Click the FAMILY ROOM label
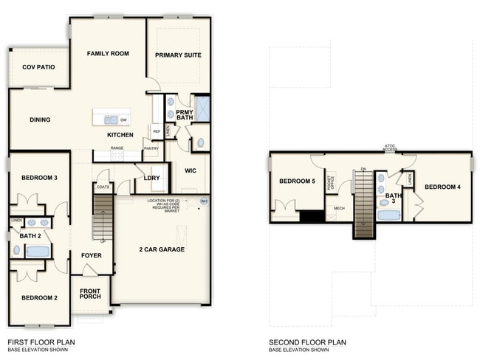tap(108, 54)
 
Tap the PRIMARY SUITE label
tap(178, 55)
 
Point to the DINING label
tap(40, 120)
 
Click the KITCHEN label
tap(120, 135)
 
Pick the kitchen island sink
tap(110, 119)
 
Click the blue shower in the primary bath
tap(201, 108)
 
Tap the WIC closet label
tap(190, 171)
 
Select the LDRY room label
tap(152, 178)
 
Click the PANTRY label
tap(151, 148)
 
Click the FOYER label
tap(91, 255)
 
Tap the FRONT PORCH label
tap(90, 294)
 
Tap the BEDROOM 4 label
tap(442, 187)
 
